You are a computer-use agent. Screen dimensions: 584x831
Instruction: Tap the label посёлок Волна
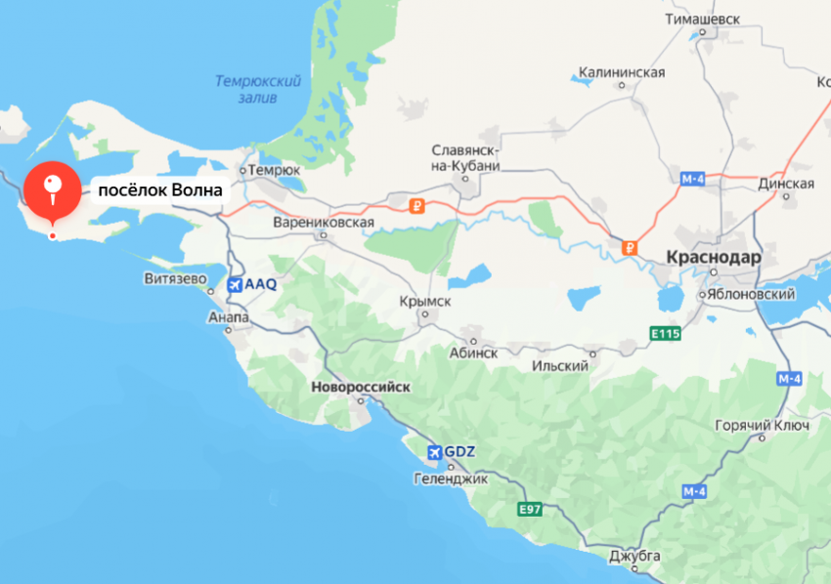pyautogui.click(x=159, y=190)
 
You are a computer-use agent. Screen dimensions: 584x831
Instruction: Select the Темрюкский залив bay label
pyautogui.click(x=258, y=89)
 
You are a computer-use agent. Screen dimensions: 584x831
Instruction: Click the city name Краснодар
pyautogui.click(x=714, y=258)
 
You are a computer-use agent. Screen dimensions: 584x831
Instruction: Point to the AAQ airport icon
pyautogui.click(x=235, y=284)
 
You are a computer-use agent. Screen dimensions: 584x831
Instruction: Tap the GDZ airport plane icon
pyautogui.click(x=434, y=452)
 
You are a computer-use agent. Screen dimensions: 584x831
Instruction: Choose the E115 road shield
pyautogui.click(x=666, y=334)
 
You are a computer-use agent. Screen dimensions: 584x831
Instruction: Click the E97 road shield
pyautogui.click(x=530, y=509)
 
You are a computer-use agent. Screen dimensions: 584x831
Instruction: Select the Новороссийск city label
pyautogui.click(x=361, y=387)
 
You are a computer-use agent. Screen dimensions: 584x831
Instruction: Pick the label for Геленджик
pyautogui.click(x=451, y=479)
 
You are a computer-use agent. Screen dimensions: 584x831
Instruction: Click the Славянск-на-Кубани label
pyautogui.click(x=466, y=158)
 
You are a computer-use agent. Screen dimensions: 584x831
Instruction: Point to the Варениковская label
pyautogui.click(x=325, y=223)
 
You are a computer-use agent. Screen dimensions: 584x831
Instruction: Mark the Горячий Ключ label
pyautogui.click(x=763, y=426)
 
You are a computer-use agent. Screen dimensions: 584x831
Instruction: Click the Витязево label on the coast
pyautogui.click(x=176, y=279)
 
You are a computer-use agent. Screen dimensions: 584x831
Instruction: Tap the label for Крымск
pyautogui.click(x=425, y=302)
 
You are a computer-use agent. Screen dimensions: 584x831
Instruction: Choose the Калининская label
pyautogui.click(x=622, y=72)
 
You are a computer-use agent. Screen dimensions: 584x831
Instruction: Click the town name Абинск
pyautogui.click(x=474, y=353)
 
